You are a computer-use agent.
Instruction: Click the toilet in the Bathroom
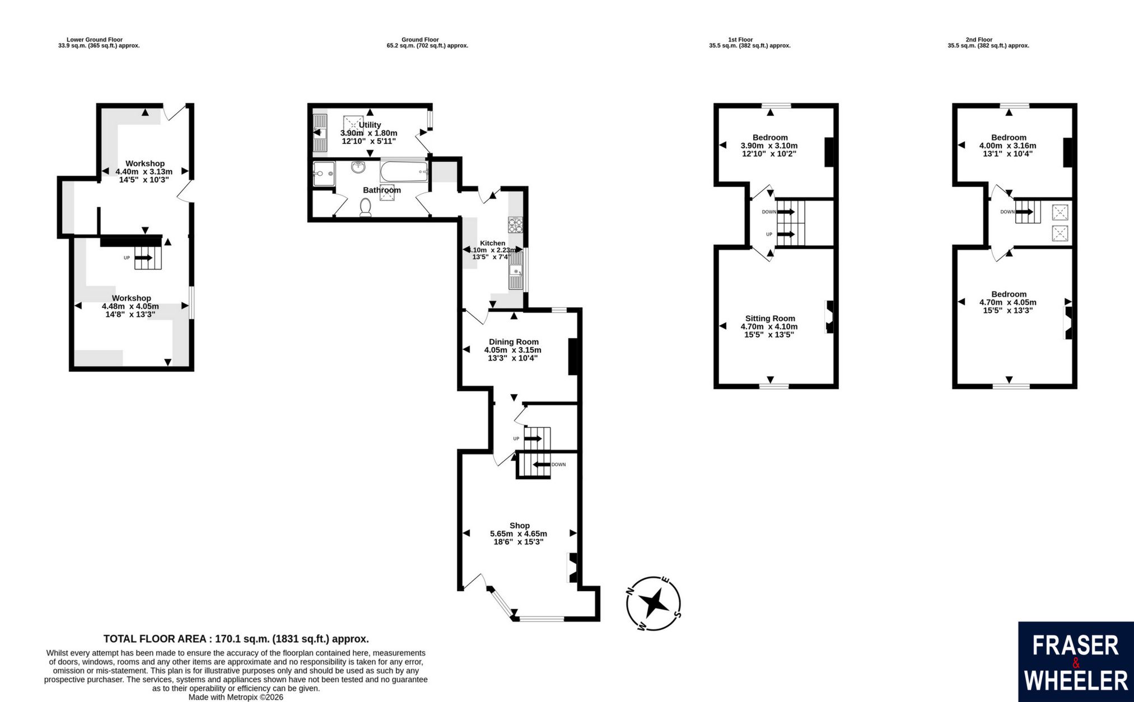[366, 208]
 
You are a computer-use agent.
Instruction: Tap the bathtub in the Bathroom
[403, 172]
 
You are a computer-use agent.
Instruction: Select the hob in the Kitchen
[516, 224]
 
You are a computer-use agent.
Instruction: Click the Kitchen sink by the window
[516, 270]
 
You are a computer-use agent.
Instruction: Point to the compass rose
[654, 603]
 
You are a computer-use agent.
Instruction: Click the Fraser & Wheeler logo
[1076, 662]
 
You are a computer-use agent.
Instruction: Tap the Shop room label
[519, 526]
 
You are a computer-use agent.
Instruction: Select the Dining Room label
[514, 342]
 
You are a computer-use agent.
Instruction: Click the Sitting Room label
[770, 319]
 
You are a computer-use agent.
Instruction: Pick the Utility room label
[370, 125]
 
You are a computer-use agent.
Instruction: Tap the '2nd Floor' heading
[979, 40]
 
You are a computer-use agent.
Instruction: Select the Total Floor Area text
[236, 639]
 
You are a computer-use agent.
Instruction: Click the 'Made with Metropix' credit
[236, 698]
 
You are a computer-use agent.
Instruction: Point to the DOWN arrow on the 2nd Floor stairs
[1025, 212]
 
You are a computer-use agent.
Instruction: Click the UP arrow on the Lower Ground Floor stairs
[144, 258]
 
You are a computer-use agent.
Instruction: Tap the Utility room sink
[320, 133]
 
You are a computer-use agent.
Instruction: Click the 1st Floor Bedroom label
[770, 138]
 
